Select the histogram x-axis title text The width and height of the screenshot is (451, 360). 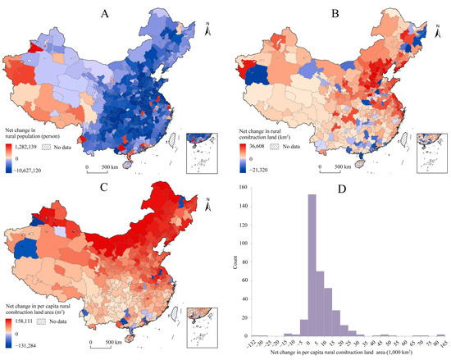tap(351, 353)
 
